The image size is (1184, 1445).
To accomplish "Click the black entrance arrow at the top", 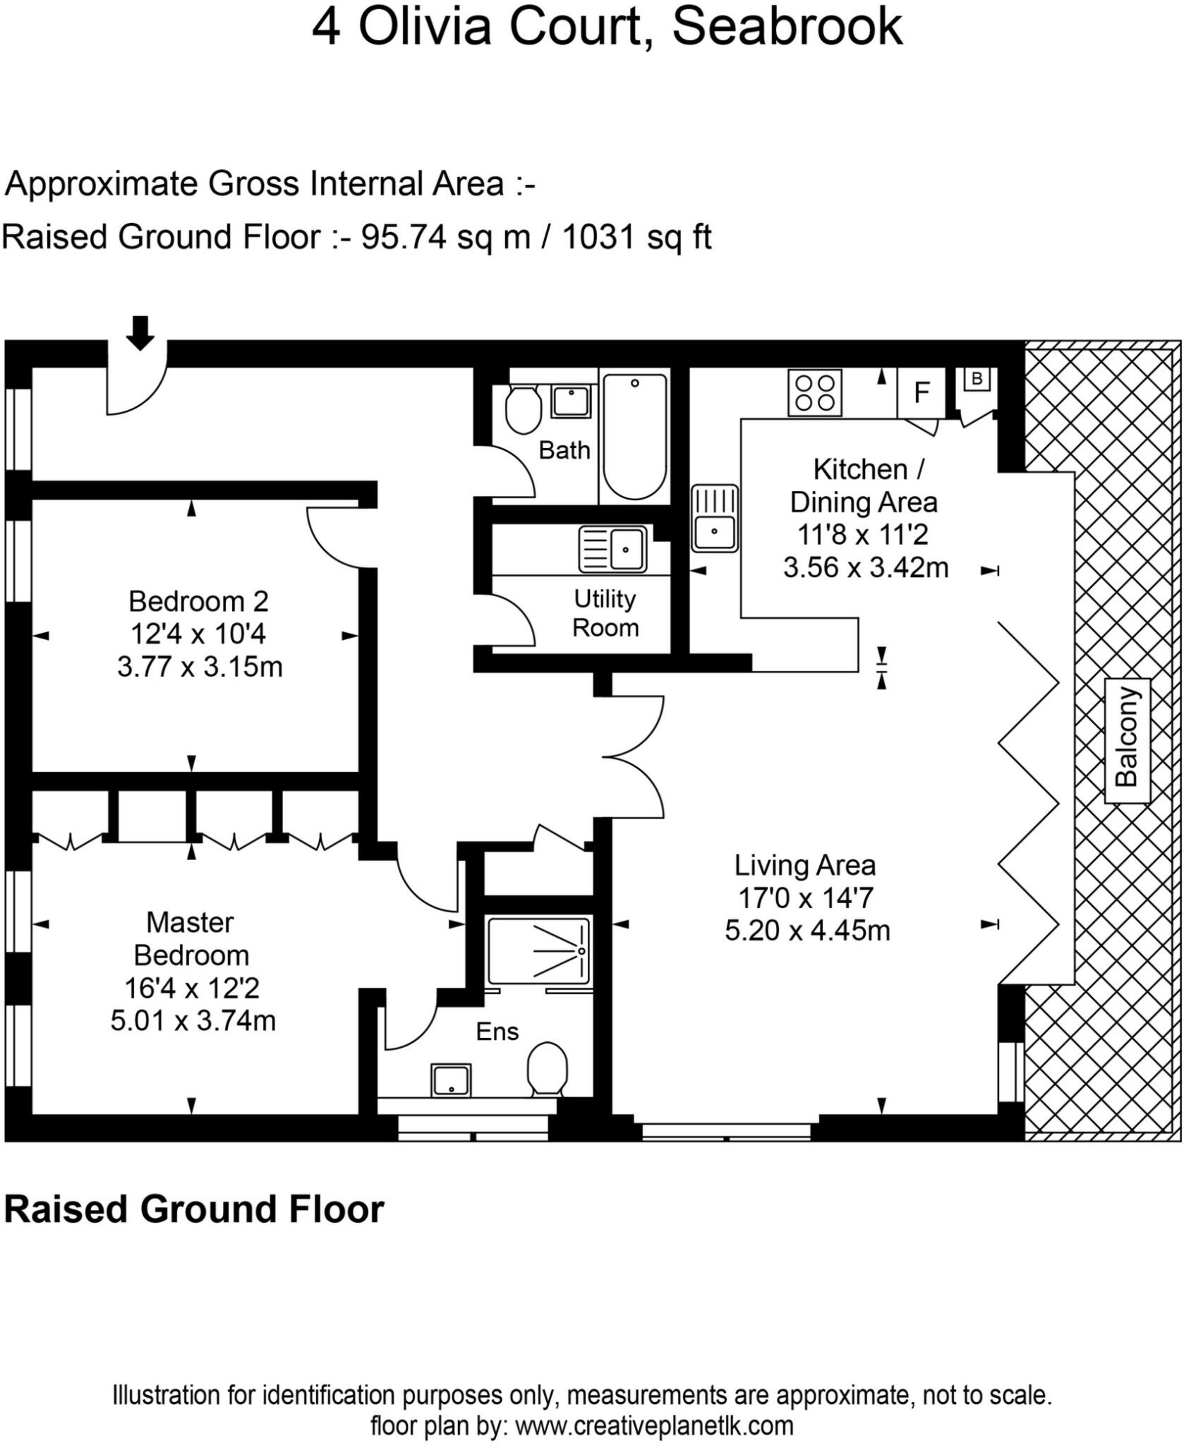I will (140, 333).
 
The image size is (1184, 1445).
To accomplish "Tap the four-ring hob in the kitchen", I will (815, 393).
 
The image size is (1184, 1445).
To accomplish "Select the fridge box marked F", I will (921, 392).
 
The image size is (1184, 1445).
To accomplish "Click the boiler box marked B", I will (977, 379).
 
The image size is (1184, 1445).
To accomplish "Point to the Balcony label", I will (1126, 740).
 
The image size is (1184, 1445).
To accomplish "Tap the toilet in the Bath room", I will (524, 410).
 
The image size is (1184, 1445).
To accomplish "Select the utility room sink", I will (612, 549).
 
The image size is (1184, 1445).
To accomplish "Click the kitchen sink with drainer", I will (714, 518).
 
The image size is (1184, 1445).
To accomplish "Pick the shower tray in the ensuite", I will (538, 950).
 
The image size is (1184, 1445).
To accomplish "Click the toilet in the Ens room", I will (548, 1069).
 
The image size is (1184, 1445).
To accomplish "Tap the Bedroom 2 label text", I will (198, 601).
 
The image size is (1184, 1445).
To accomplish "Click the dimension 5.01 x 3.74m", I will (193, 1020).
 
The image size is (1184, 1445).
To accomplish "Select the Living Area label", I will (805, 865).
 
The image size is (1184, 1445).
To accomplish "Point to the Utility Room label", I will (605, 613).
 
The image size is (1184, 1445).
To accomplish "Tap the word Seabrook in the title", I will (787, 27).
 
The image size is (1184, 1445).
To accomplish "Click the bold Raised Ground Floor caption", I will (194, 1209).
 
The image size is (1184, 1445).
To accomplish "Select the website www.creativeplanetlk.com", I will (654, 1425).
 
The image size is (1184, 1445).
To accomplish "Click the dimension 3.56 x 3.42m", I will (866, 567).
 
